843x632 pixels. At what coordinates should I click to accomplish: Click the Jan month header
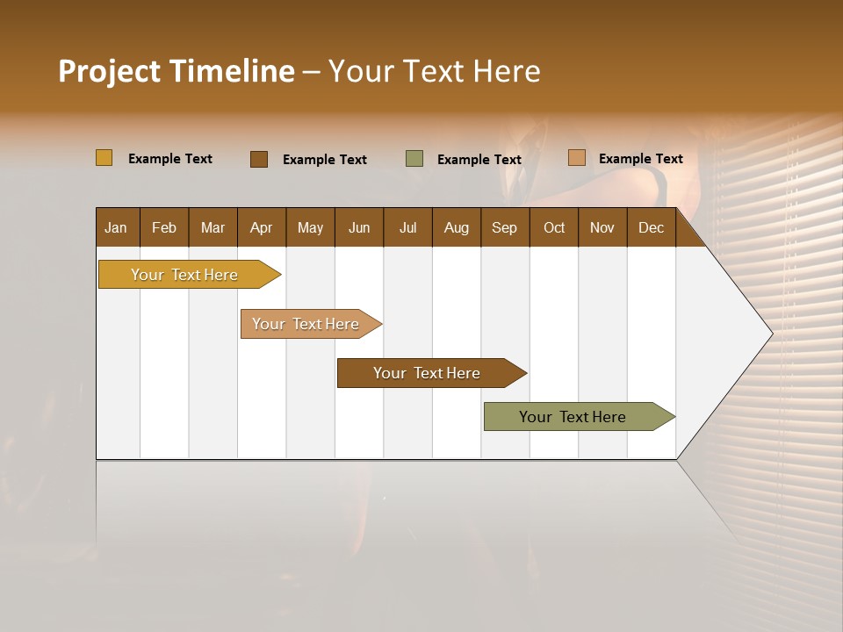pos(117,227)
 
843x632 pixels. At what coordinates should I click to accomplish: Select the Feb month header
pos(164,227)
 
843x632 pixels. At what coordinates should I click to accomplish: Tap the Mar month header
pos(213,227)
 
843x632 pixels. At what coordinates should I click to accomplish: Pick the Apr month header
pos(262,227)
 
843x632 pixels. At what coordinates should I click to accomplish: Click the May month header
pos(310,227)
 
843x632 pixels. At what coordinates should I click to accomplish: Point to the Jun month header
pos(359,227)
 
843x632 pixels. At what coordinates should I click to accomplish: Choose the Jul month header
pos(407,227)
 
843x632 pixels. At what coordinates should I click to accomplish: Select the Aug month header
pos(457,227)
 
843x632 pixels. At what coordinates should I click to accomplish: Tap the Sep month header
pos(505,227)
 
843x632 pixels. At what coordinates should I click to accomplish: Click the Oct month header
pos(554,227)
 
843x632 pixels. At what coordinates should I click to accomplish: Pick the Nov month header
pos(602,227)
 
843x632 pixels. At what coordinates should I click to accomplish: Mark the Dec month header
pos(652,227)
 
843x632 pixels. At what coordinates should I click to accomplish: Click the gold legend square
pos(104,158)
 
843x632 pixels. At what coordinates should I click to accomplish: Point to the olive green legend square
pos(414,159)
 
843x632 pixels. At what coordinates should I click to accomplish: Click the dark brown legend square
pos(259,159)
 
